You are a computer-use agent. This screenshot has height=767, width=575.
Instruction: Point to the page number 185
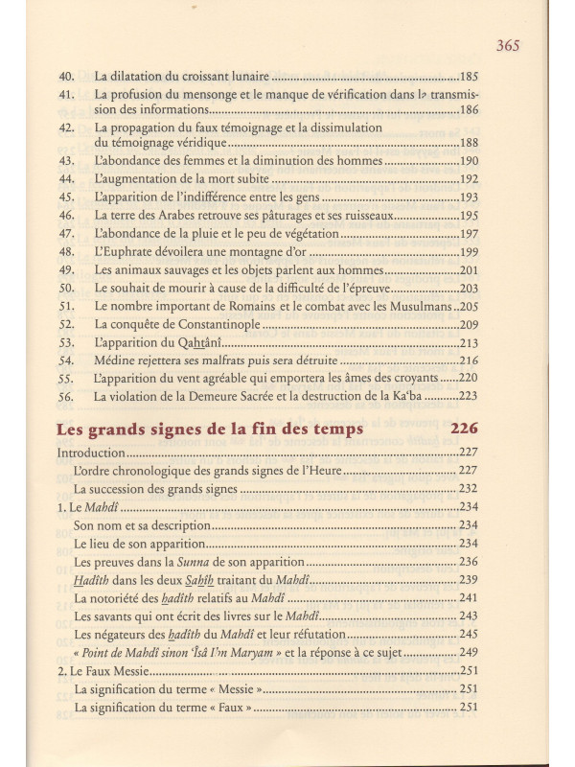[x=469, y=74]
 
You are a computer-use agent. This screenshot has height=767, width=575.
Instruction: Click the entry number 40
[x=66, y=74]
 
